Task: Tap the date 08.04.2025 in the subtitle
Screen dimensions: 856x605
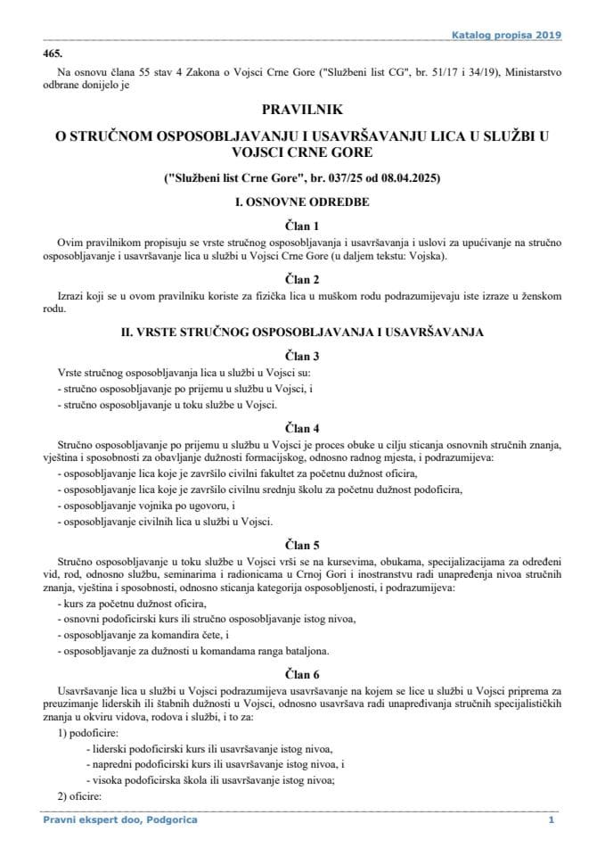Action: click(404, 178)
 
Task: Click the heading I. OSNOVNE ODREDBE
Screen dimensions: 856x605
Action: click(302, 202)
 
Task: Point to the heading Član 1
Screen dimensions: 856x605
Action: click(302, 226)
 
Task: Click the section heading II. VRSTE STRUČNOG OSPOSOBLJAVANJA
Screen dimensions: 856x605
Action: click(302, 332)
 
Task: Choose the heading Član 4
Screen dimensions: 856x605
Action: click(302, 427)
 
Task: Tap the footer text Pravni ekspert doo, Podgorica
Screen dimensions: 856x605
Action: click(120, 819)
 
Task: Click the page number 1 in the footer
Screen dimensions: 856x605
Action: click(552, 819)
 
